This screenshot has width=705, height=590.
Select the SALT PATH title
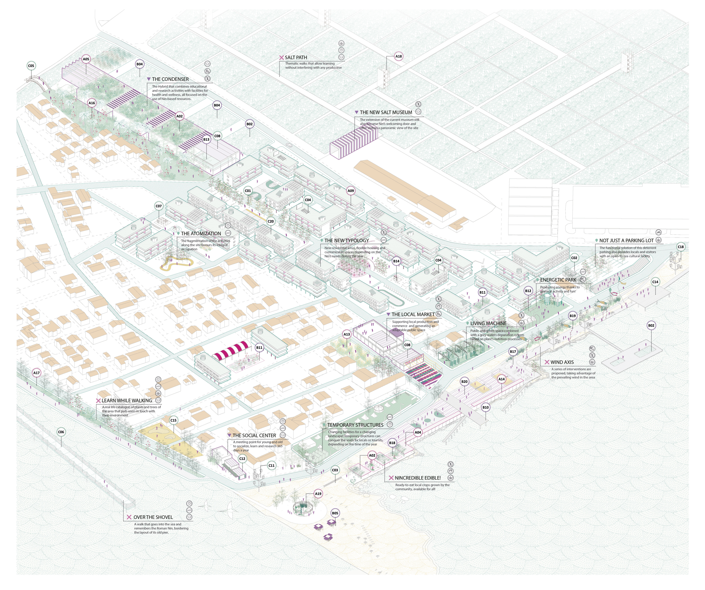click(296, 57)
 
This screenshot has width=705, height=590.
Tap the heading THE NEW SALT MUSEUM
click(386, 112)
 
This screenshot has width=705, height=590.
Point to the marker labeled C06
click(61, 432)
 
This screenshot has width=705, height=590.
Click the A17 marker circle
click(36, 373)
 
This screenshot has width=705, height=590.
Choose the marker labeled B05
click(335, 513)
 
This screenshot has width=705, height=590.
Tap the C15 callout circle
click(173, 420)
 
